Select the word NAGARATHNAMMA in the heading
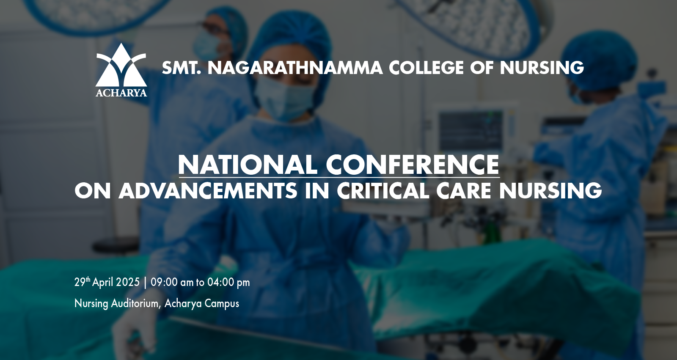click(295, 68)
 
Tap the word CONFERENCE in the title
click(412, 165)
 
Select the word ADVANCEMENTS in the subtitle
click(208, 191)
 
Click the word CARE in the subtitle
click(463, 191)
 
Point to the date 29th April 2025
click(107, 282)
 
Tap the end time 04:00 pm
click(228, 283)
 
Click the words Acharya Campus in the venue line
click(202, 303)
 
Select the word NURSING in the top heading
click(542, 68)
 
